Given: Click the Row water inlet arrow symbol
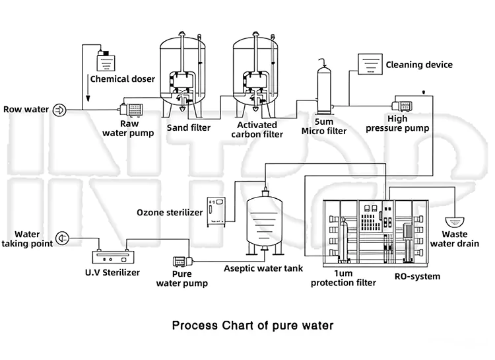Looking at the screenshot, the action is pyautogui.click(x=59, y=110).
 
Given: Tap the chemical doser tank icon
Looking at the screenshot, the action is pyautogui.click(x=106, y=61).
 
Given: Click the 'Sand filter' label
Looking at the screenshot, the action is pyautogui.click(x=189, y=127).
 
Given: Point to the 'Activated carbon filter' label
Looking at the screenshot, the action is pyautogui.click(x=257, y=129).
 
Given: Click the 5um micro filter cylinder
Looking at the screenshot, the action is pyautogui.click(x=324, y=90).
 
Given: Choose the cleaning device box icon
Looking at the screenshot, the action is pyautogui.click(x=370, y=64).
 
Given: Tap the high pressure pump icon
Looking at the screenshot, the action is pyautogui.click(x=402, y=106).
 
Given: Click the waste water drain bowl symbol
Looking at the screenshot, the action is pyautogui.click(x=455, y=222).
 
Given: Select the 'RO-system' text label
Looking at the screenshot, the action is pyautogui.click(x=417, y=276).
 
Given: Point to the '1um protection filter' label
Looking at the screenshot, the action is pyautogui.click(x=343, y=278).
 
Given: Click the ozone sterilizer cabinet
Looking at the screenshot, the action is pyautogui.click(x=216, y=212).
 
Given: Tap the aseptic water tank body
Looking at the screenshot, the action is pyautogui.click(x=265, y=221).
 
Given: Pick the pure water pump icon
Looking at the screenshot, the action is pyautogui.click(x=183, y=262).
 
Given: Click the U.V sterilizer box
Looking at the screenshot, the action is pyautogui.click(x=113, y=257).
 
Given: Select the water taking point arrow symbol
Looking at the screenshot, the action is pyautogui.click(x=62, y=238).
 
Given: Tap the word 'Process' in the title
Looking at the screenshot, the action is pyautogui.click(x=195, y=325).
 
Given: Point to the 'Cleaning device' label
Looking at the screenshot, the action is pyautogui.click(x=419, y=65).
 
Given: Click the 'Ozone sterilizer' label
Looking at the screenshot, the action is pyautogui.click(x=170, y=213).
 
